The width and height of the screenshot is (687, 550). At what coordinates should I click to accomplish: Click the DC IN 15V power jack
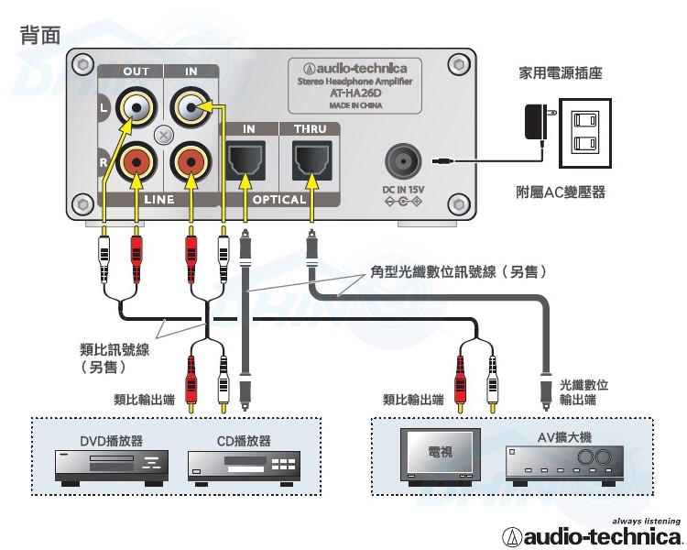[x=403, y=161]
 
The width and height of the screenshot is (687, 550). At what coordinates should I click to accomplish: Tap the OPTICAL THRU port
[x=312, y=159]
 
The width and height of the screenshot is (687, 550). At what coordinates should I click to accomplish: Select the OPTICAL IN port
[x=245, y=159]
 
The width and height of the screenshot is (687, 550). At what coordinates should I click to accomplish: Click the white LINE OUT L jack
[x=136, y=107]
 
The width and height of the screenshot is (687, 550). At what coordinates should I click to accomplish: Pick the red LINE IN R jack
[x=191, y=163]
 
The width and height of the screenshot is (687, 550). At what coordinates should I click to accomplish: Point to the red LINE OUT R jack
[x=136, y=163]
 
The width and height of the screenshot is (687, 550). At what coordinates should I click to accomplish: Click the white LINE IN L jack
[x=191, y=107]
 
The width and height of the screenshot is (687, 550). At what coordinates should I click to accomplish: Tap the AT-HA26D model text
[x=355, y=93]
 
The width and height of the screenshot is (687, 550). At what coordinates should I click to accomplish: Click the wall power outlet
[x=585, y=133]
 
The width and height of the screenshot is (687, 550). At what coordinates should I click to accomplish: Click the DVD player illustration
[x=112, y=467]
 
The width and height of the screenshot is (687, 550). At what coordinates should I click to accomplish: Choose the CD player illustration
[x=244, y=467]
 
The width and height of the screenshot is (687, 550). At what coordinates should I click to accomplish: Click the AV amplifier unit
[x=565, y=465]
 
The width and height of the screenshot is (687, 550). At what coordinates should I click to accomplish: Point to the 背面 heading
[x=40, y=35]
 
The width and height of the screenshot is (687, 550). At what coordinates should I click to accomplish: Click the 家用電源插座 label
[x=561, y=72]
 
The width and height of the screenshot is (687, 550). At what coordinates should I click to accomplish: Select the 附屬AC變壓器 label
[x=561, y=192]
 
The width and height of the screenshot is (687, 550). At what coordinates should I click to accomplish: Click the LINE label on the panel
[x=159, y=200]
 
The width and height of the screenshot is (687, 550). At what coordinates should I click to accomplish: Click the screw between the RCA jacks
[x=164, y=135]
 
